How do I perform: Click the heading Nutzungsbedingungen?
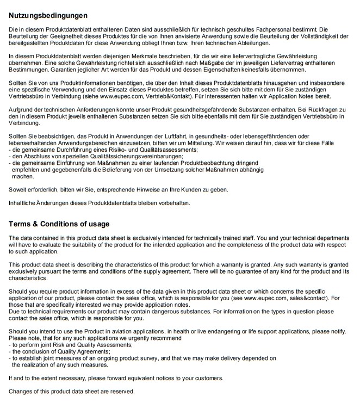click(x=47, y=15)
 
